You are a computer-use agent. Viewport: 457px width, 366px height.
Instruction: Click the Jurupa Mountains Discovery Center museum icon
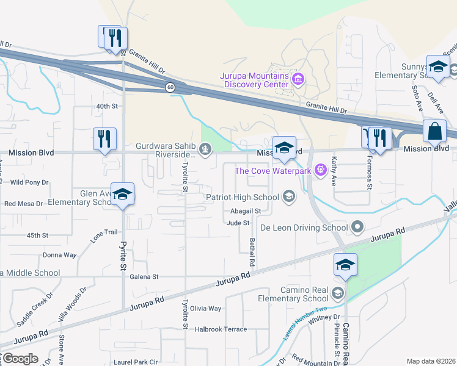tap(299, 79)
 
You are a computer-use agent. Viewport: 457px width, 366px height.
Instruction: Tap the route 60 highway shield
tap(171, 88)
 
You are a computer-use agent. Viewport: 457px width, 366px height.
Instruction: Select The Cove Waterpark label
tap(273, 171)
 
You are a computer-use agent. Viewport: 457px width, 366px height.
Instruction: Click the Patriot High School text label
tap(242, 197)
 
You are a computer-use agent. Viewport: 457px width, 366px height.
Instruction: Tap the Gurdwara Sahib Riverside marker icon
tap(207, 147)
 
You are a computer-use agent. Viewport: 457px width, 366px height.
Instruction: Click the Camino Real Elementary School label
tap(293, 294)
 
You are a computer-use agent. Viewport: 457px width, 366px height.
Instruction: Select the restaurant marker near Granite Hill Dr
tap(113, 38)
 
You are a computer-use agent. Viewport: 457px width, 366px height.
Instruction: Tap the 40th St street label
tap(106, 106)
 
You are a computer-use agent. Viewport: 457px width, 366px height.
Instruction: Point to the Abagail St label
tap(246, 211)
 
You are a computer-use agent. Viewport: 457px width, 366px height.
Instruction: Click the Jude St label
tap(238, 223)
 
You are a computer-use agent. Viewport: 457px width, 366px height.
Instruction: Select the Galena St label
tap(145, 276)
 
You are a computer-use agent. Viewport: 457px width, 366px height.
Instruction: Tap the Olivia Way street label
tap(206, 309)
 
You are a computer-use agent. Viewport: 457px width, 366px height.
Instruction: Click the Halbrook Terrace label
tap(221, 329)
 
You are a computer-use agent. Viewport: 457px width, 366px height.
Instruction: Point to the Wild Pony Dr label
tap(29, 182)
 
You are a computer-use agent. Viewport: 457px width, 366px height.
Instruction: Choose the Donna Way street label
tap(59, 255)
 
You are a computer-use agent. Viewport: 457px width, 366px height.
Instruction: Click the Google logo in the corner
tap(20, 358)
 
